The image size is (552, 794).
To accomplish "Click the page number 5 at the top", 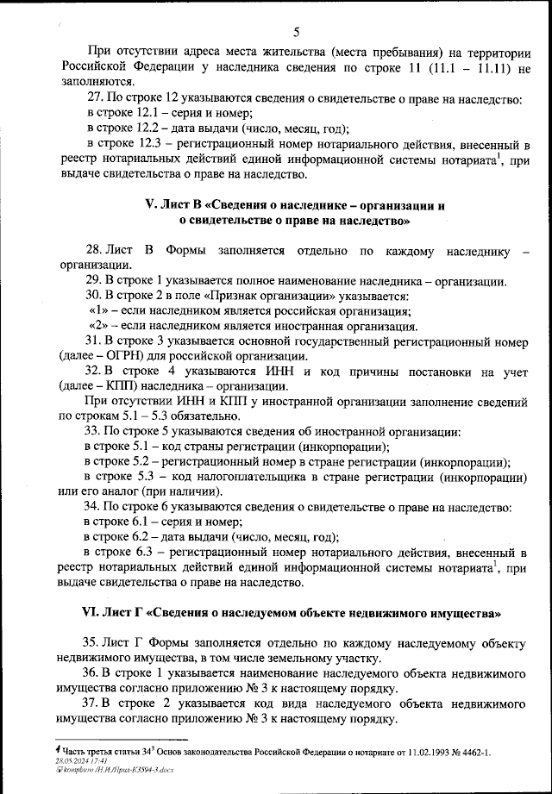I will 295,34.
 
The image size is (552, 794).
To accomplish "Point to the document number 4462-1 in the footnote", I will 468,753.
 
